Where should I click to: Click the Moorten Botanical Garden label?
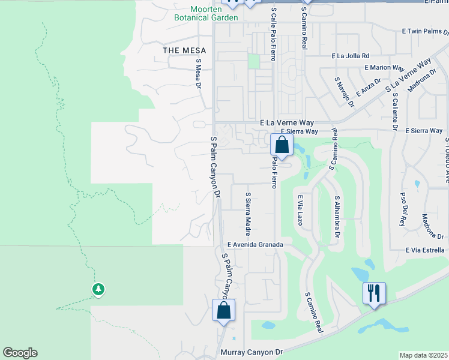point(206,13)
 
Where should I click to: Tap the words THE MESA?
point(184,50)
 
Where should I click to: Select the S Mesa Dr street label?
point(197,73)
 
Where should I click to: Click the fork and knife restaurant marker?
point(373,294)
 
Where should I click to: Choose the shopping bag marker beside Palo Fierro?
point(282,145)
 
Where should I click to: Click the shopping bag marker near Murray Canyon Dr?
point(223,311)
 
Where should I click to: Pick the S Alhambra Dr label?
point(337,215)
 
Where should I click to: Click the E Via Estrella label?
point(425,250)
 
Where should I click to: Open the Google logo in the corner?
point(20,353)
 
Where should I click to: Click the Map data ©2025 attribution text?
point(423,355)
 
